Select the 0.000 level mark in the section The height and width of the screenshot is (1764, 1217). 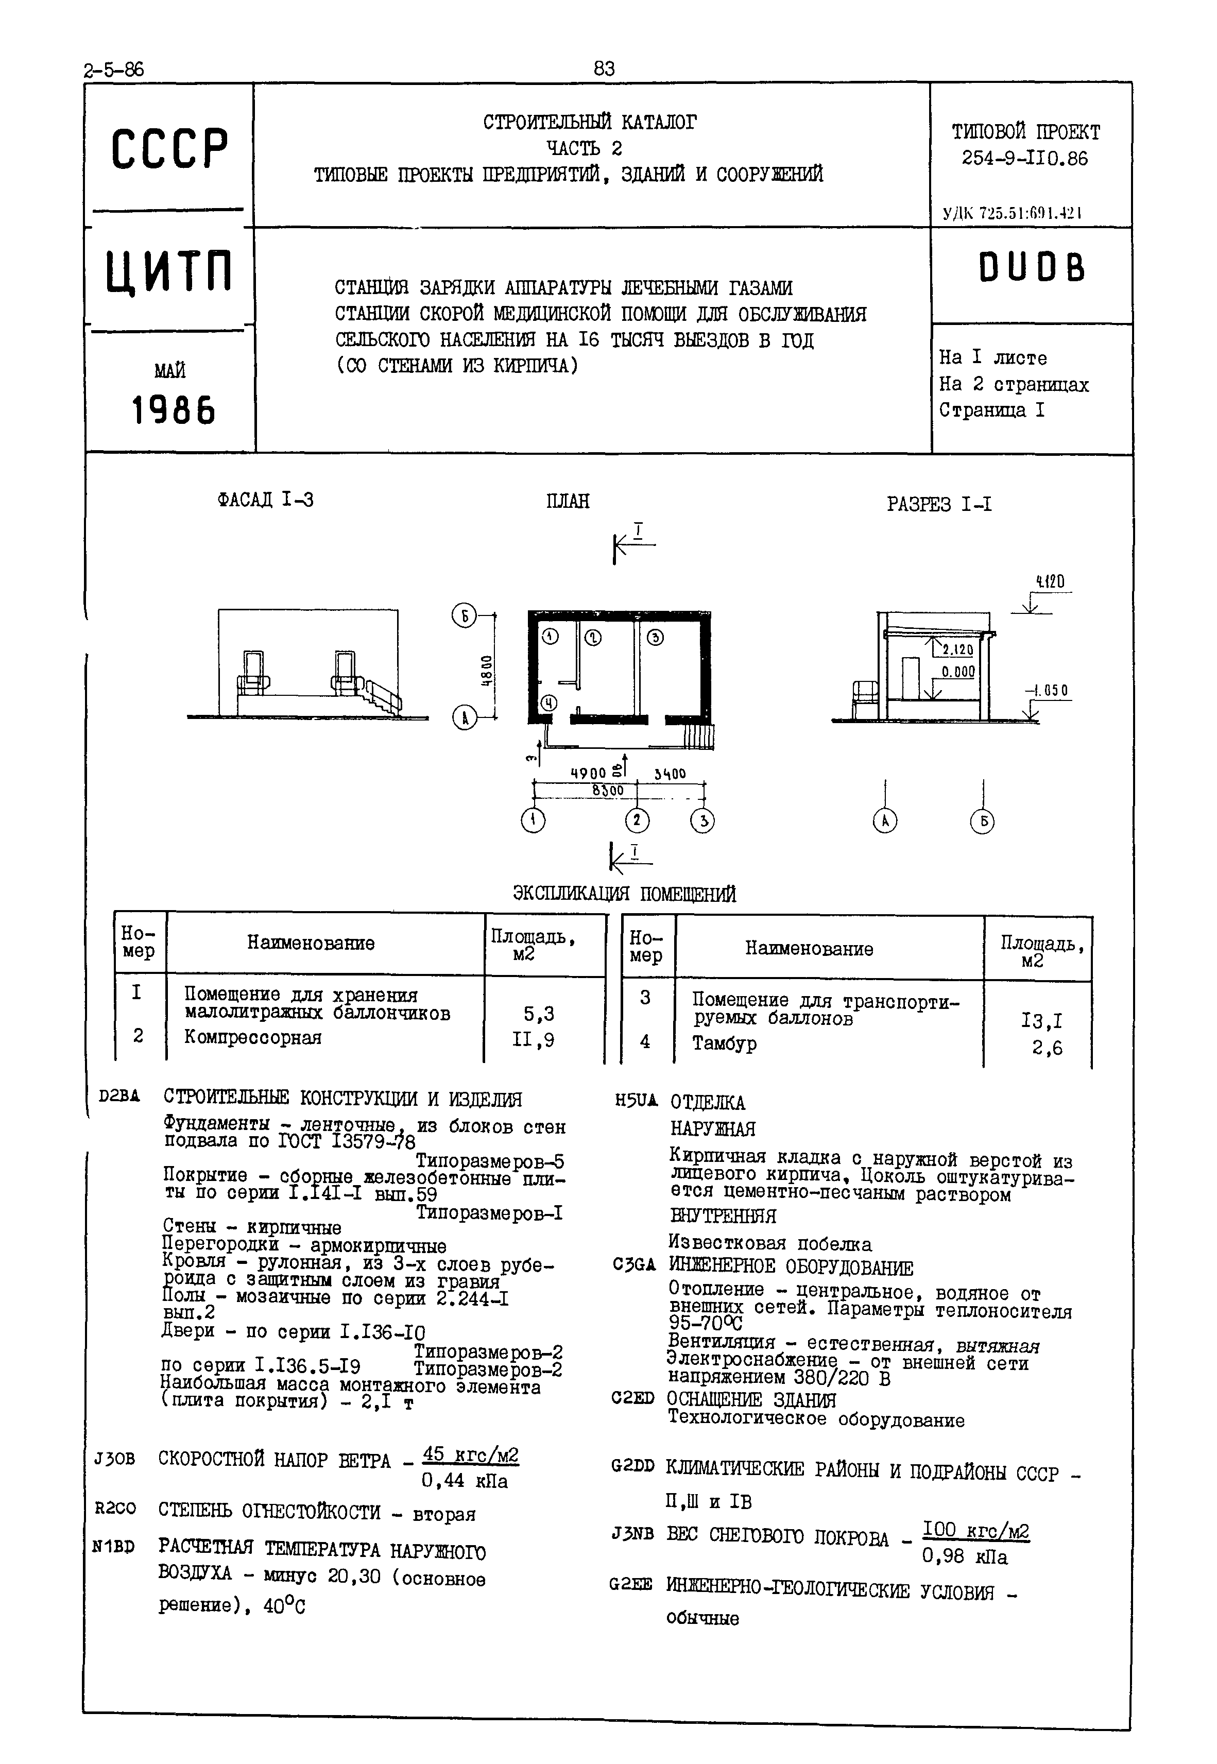coord(958,672)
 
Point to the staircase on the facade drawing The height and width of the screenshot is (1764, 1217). coord(381,696)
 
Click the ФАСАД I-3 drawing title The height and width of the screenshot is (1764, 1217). coord(265,500)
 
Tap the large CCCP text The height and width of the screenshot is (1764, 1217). coord(169,149)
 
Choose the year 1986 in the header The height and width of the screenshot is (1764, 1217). coord(174,411)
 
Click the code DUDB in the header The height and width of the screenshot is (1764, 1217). coord(1031,268)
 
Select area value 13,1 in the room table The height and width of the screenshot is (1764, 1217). coord(1041,1021)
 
